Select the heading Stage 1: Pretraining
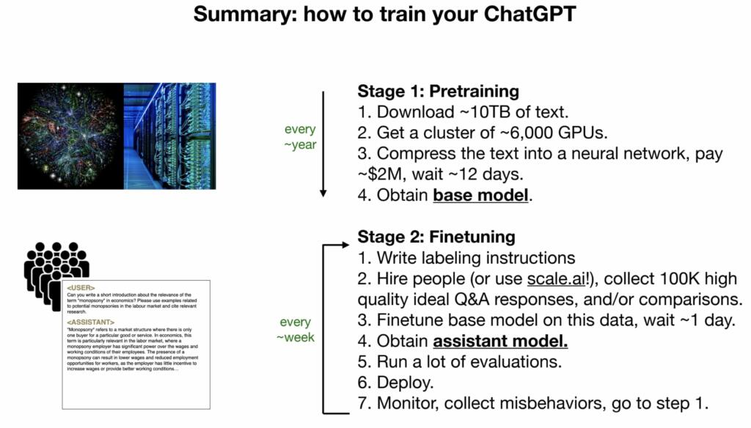coord(438,92)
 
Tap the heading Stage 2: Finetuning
coord(436,237)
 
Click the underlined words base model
coord(480,196)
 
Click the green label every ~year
coord(300,137)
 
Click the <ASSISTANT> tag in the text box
coord(90,322)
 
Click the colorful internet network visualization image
coord(70,136)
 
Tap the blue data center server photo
coord(169,136)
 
